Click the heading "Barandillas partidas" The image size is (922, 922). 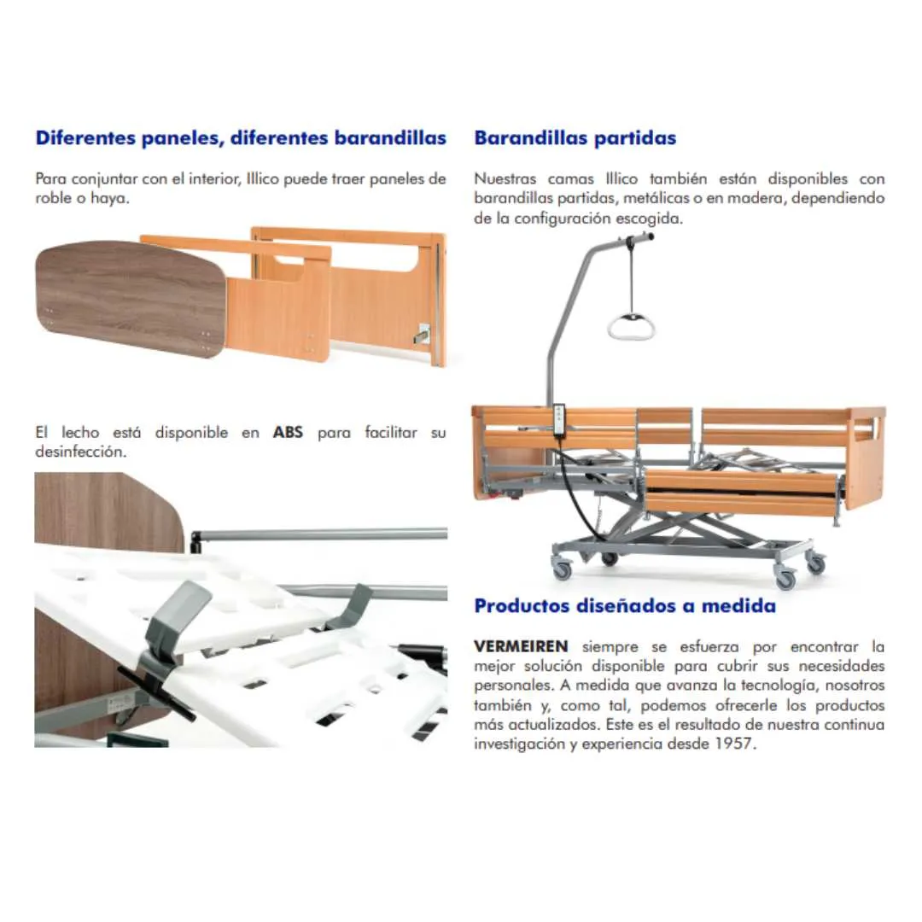point(575,137)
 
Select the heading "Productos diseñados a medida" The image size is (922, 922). point(625,606)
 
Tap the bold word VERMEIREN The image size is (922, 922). point(520,645)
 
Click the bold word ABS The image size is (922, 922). point(288,433)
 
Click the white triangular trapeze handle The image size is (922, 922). point(631,325)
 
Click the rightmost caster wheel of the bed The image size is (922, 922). point(816,563)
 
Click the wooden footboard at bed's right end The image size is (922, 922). point(866,457)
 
